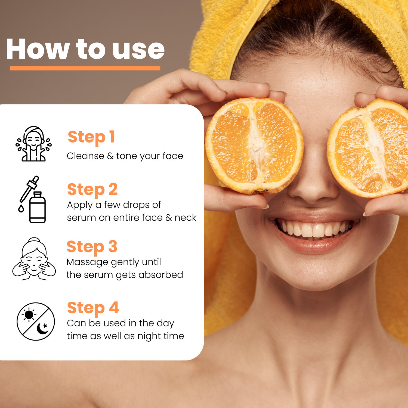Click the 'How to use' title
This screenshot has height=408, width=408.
pos(85,49)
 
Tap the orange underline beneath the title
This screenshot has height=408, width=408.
pos(85,68)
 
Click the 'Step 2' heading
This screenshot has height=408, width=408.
pos(92,190)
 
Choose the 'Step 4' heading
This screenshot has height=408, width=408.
pos(93,308)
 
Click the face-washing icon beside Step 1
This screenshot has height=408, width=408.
pos(33,144)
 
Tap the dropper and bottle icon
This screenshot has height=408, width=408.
pos(32,199)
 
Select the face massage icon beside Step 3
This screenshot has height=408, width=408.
pos(34,259)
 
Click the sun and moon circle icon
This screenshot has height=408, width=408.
pos(36,322)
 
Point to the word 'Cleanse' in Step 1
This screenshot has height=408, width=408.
pos(85,156)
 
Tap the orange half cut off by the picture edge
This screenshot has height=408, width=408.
pos(368,148)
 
